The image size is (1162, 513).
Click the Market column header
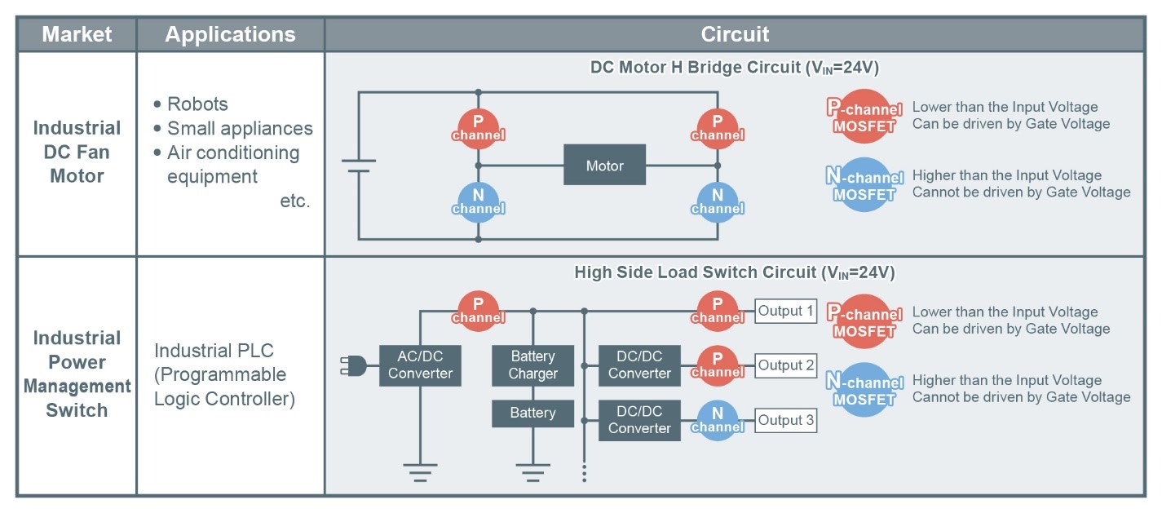click(x=77, y=34)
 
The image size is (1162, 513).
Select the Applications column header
click(x=230, y=34)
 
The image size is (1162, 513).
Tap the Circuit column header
click(x=735, y=34)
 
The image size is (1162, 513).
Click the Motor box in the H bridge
click(x=604, y=165)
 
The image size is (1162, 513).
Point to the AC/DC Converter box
click(x=420, y=365)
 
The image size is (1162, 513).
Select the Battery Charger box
click(x=532, y=365)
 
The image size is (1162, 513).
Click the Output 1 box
click(x=786, y=311)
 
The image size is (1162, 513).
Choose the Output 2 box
click(x=786, y=365)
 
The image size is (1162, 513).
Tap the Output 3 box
click(x=786, y=420)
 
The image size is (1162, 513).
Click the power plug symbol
click(x=353, y=365)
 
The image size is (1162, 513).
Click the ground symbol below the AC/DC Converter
click(x=420, y=472)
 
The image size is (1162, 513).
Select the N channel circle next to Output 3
click(x=717, y=421)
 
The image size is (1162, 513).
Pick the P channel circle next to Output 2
click(x=717, y=365)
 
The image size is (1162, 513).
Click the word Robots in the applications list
click(x=197, y=104)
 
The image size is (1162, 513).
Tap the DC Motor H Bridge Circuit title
click(x=735, y=68)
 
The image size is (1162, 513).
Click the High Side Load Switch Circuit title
click(x=735, y=272)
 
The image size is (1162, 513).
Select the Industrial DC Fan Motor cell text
click(x=77, y=152)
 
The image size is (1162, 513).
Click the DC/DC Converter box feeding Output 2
click(x=639, y=365)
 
